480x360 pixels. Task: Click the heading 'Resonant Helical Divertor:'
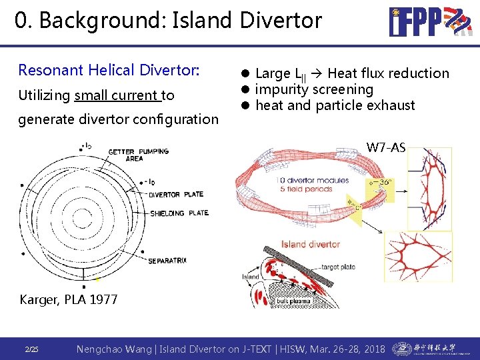pyautogui.click(x=109, y=70)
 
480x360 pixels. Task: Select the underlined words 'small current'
pyautogui.click(x=118, y=95)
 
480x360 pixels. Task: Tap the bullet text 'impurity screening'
pyautogui.click(x=314, y=89)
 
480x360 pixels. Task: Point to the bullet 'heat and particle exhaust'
pyautogui.click(x=335, y=105)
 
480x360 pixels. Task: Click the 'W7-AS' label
pyautogui.click(x=385, y=147)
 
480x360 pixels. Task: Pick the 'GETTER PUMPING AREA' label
pyautogui.click(x=138, y=155)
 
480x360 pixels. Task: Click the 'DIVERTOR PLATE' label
pyautogui.click(x=176, y=195)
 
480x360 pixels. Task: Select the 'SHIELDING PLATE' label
pyautogui.click(x=178, y=213)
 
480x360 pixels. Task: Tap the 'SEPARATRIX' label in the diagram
pyautogui.click(x=171, y=259)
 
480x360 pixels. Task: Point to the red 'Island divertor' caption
pyautogui.click(x=310, y=244)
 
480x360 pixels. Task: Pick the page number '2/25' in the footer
pyautogui.click(x=32, y=349)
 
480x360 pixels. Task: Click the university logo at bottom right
pyautogui.click(x=424, y=349)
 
